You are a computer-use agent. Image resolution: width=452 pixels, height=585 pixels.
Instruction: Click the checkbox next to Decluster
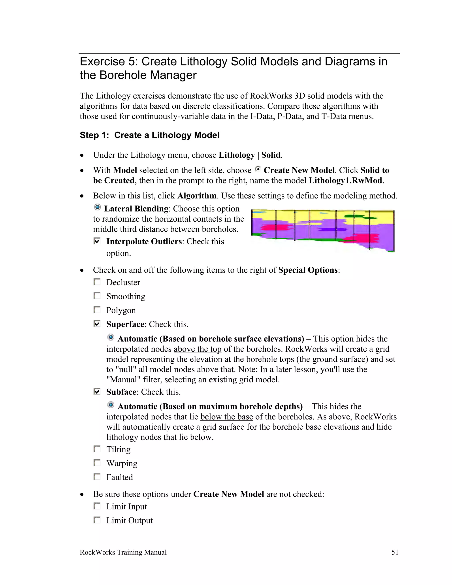[x=97, y=282]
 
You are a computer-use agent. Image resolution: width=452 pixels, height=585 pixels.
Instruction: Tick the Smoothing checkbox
[x=97, y=296]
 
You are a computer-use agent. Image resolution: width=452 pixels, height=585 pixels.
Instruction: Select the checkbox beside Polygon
[x=97, y=310]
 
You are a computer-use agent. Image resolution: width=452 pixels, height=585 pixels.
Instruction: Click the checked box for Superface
[x=97, y=324]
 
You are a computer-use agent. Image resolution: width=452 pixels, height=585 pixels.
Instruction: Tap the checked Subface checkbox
[x=97, y=392]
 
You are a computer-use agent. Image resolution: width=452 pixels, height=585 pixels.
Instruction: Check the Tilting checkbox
[x=97, y=449]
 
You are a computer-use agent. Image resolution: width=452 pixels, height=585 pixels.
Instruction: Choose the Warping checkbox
[x=97, y=463]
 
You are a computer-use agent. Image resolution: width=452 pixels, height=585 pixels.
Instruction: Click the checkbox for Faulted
[x=97, y=477]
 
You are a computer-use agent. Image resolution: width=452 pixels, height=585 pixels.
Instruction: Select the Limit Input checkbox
[x=97, y=506]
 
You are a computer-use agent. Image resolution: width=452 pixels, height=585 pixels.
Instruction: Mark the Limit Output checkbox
[x=97, y=520]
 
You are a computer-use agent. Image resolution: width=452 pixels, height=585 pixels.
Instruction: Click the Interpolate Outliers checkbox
[x=97, y=241]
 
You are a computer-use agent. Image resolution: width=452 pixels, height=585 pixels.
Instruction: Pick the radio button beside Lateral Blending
[x=98, y=207]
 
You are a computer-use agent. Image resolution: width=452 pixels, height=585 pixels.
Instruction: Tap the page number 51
[x=395, y=552]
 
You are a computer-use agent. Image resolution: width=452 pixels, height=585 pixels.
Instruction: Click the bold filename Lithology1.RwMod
[x=345, y=181]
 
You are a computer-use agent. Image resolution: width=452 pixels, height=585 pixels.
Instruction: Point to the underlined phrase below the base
[x=226, y=417]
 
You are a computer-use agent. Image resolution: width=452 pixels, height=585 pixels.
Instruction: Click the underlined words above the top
[x=197, y=349]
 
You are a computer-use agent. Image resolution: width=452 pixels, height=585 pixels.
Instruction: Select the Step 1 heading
[x=149, y=135]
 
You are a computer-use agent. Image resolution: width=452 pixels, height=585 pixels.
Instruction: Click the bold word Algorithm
[x=197, y=196]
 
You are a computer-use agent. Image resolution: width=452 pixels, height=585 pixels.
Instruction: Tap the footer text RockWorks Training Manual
[x=123, y=552]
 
